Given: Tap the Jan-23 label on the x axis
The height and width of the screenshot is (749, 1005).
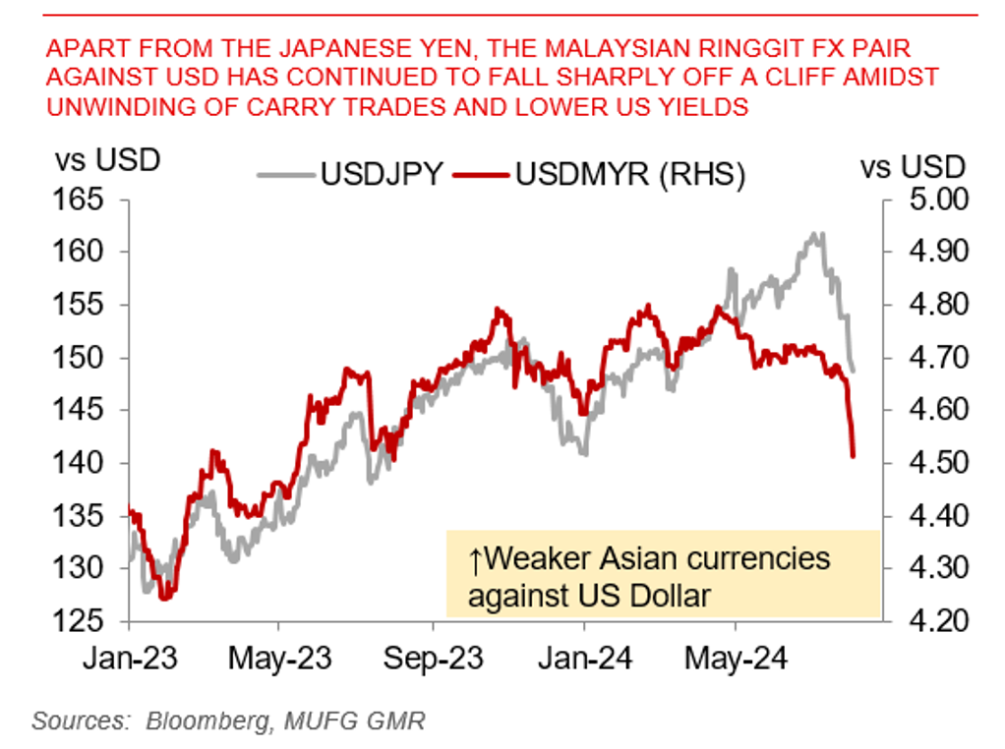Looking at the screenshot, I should point(130,658).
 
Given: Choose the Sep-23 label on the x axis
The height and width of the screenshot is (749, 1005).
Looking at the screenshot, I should point(434,658).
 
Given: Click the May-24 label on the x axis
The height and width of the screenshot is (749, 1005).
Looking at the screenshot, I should point(737,658).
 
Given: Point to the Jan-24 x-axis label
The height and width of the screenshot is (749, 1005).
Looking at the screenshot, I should point(584,658).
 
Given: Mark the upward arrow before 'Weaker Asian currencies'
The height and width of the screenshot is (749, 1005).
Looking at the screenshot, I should point(475,560).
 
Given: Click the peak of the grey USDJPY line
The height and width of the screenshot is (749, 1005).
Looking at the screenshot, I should point(814,234).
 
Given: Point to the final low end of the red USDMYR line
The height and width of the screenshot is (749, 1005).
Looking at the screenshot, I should point(853,455).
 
